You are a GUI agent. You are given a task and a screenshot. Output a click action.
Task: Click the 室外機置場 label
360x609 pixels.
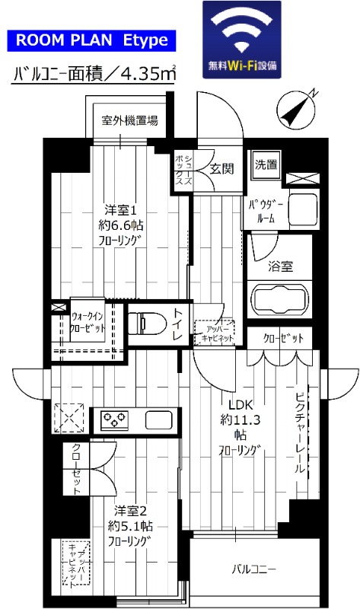point(131,120)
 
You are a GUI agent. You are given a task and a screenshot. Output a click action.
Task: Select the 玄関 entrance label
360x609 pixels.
point(221,168)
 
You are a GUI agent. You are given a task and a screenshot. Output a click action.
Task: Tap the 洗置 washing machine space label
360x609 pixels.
point(266,164)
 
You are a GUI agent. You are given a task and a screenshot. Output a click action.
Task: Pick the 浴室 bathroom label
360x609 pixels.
point(279,266)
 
